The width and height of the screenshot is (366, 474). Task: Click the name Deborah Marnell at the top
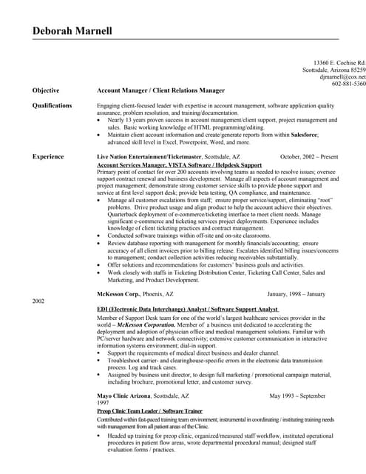click(x=72, y=31)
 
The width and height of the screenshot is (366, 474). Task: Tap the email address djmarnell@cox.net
click(x=342, y=76)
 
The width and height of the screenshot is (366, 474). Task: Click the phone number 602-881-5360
click(x=348, y=84)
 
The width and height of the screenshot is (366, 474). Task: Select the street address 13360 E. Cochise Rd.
click(x=339, y=62)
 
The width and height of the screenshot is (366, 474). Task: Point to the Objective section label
click(x=46, y=90)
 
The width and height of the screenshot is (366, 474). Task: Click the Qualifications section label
click(x=52, y=105)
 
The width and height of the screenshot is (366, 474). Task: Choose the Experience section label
click(x=48, y=157)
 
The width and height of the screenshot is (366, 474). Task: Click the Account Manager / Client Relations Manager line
click(x=160, y=90)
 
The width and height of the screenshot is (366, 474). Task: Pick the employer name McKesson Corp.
click(x=121, y=293)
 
